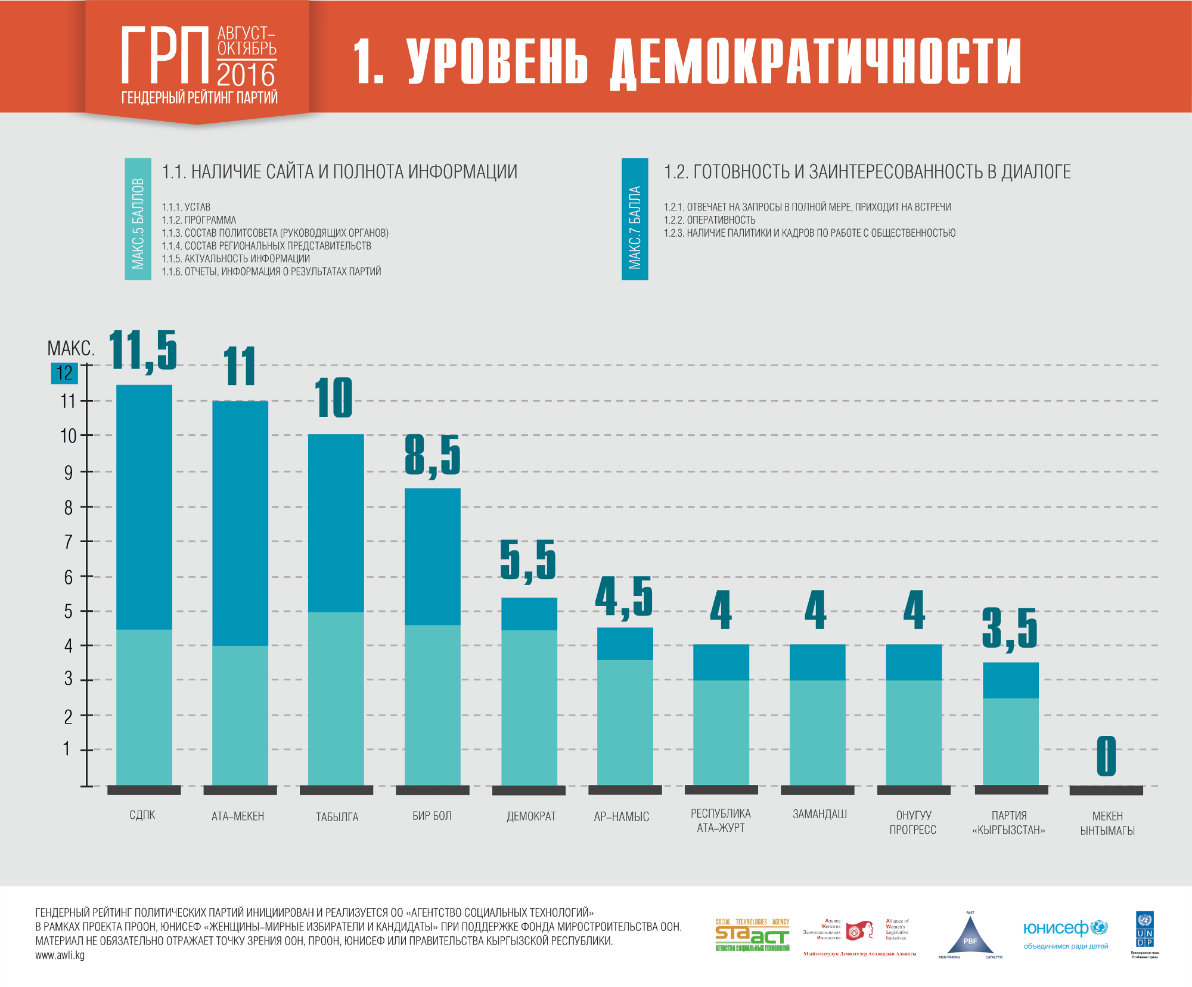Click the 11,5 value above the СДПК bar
point(143,350)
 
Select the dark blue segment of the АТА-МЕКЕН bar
point(240,522)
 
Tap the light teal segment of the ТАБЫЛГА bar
point(336,698)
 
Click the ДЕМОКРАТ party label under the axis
point(531,816)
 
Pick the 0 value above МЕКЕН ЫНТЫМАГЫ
point(1106,756)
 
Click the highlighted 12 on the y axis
point(64,373)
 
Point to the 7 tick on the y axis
point(69,542)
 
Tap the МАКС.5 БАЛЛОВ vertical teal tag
point(138,219)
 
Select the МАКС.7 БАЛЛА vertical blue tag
point(635,219)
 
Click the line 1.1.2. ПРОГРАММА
point(199,220)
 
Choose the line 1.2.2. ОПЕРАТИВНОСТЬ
point(710,220)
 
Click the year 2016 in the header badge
point(246,75)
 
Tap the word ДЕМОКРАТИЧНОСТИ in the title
point(816,61)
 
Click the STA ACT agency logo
point(752,935)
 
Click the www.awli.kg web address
point(60,955)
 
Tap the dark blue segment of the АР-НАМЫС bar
point(625,643)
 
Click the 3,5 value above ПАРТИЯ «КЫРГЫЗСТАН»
point(1010,628)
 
